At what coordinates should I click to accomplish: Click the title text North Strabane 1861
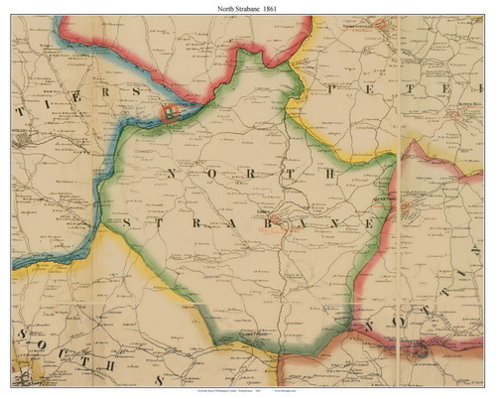pyautogui.click(x=248, y=7)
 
